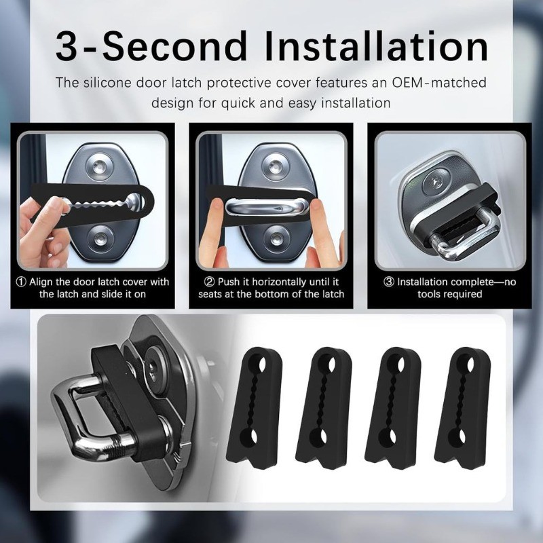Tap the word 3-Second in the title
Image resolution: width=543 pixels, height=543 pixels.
[151, 45]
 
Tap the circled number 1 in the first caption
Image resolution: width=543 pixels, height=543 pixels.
[21, 282]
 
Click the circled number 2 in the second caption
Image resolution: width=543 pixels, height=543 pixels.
[210, 282]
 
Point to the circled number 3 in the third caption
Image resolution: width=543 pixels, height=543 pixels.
[389, 282]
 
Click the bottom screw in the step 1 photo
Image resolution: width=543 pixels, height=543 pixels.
[100, 238]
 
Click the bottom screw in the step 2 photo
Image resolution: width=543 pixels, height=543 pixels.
[276, 238]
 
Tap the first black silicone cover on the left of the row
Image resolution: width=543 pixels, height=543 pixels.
[255, 408]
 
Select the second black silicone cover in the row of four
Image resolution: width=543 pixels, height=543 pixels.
[324, 408]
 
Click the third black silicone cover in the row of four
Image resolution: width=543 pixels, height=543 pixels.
[393, 408]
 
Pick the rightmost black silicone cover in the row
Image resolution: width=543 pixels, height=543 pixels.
[462, 408]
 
